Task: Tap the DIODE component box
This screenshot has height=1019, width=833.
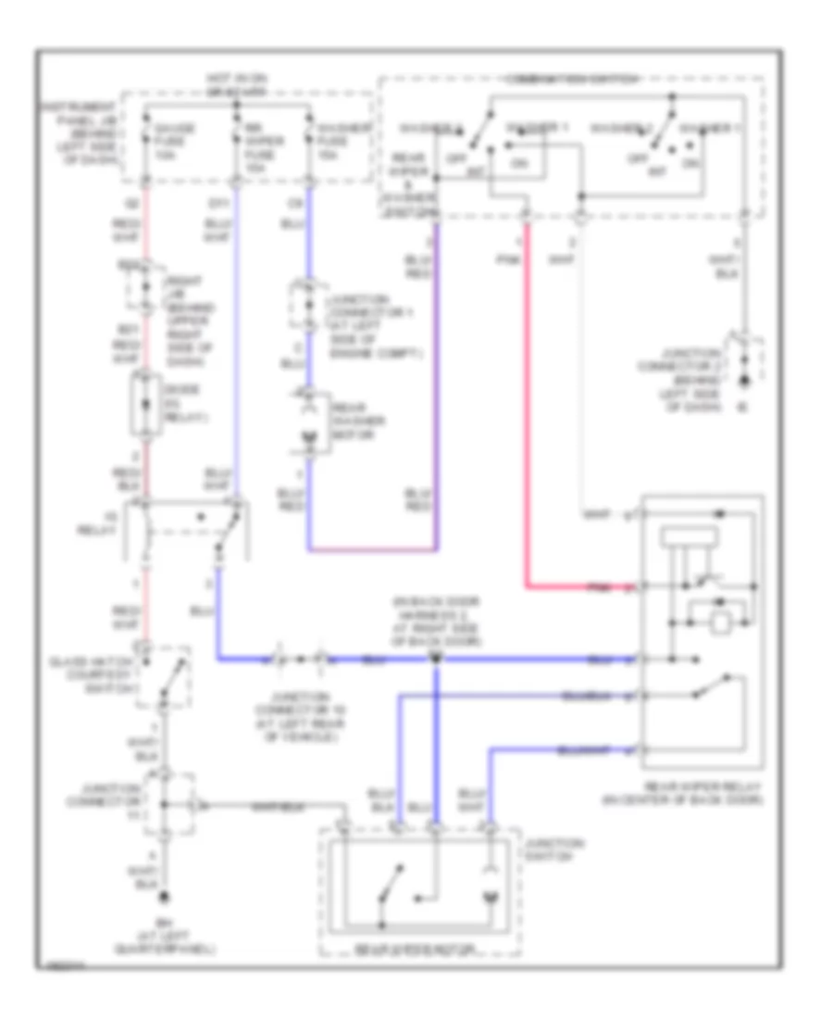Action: (x=145, y=403)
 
